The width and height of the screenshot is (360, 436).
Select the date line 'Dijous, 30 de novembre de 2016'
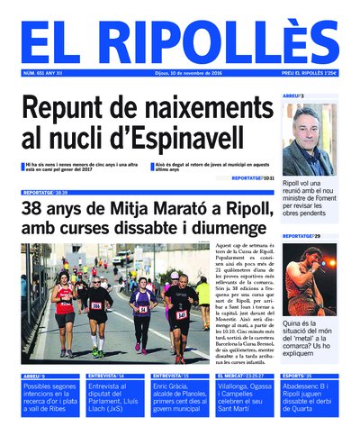(x=180, y=75)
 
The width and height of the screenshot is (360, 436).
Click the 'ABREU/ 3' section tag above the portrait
(x=293, y=95)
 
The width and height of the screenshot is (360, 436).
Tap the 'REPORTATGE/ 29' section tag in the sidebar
(x=299, y=236)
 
